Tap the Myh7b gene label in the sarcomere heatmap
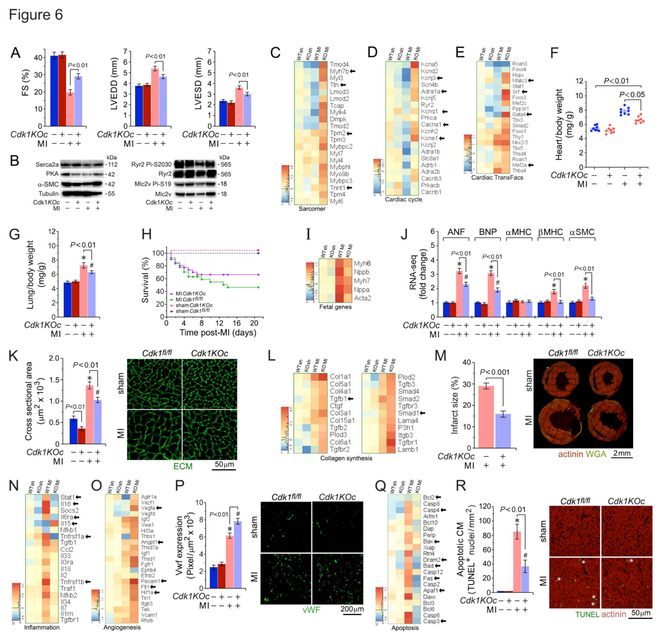click(339, 71)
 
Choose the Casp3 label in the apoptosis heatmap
click(431, 621)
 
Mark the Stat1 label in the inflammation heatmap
click(68, 497)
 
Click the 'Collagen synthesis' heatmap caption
click(346, 458)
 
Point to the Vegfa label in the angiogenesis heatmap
click(148, 508)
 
